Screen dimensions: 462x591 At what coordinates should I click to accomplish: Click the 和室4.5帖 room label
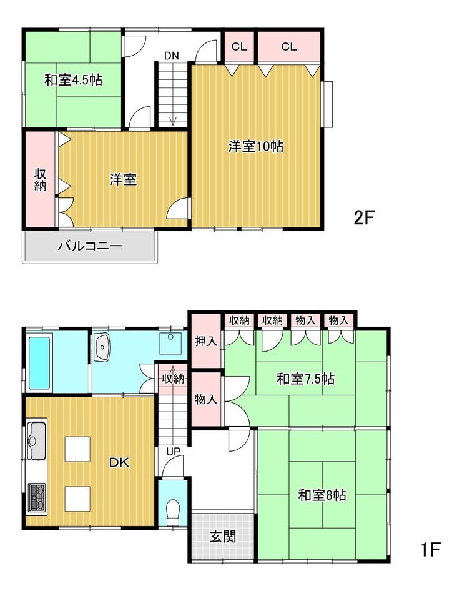[x=74, y=80]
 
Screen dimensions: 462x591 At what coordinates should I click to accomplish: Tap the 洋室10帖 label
[x=256, y=146]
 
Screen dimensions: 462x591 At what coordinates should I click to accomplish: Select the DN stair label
[x=171, y=56]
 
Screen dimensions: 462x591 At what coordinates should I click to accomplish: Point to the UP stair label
[x=173, y=451]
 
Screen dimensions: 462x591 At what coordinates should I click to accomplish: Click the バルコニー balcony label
[x=91, y=247]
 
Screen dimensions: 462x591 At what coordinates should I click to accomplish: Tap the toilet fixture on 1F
[x=173, y=512]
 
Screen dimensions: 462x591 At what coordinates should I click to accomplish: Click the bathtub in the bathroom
[x=39, y=363]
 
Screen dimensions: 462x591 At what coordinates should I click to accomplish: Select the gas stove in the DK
[x=37, y=497]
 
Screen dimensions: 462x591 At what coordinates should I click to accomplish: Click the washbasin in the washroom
[x=102, y=347]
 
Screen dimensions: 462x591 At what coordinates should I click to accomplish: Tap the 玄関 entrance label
[x=223, y=536]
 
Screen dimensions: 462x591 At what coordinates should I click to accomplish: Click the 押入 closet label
[x=206, y=341]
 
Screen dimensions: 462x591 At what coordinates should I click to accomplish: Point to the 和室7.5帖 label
[x=305, y=379]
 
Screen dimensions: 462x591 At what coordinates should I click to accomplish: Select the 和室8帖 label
[x=322, y=495]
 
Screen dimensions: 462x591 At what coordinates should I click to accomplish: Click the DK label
[x=119, y=462]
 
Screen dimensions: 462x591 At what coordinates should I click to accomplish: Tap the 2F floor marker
[x=363, y=217]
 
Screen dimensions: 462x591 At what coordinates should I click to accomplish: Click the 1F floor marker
[x=430, y=549]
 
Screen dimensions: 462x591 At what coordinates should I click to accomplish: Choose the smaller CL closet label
[x=239, y=47]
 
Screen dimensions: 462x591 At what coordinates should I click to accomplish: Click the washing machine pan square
[x=170, y=343]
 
